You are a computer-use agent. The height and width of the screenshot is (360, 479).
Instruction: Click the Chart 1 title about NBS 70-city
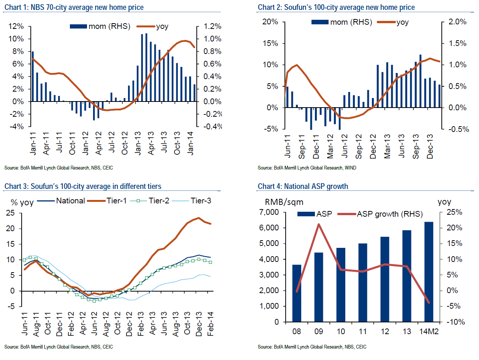(x=74, y=7)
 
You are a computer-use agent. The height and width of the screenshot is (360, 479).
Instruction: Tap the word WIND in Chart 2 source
(x=350, y=168)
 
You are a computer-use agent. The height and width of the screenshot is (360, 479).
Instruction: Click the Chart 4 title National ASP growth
(x=303, y=186)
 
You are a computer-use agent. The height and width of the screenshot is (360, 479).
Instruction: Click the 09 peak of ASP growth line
(x=318, y=224)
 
